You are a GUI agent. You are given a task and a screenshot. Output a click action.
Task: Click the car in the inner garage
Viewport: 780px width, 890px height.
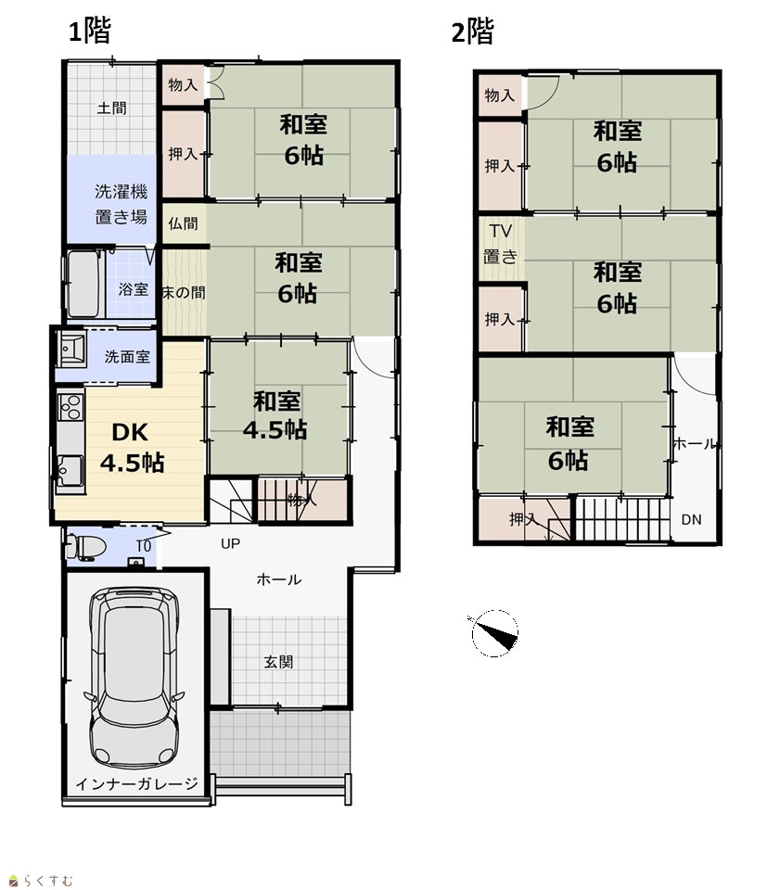tap(134, 677)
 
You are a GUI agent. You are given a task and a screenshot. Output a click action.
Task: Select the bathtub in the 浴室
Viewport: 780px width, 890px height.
tap(85, 284)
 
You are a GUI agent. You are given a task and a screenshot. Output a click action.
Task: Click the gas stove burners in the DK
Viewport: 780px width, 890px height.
tap(71, 407)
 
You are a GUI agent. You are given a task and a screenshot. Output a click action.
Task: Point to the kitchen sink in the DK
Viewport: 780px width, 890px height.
tap(70, 471)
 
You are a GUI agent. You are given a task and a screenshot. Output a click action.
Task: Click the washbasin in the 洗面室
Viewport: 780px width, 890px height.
tap(72, 348)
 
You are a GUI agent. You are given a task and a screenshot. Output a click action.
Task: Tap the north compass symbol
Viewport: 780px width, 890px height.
tap(494, 633)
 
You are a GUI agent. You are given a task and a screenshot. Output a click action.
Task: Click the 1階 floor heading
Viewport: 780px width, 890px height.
tap(90, 31)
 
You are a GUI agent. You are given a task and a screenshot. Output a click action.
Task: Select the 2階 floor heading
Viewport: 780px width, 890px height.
tap(472, 32)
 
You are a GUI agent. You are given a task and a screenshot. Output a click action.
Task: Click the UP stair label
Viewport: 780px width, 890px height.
tap(230, 544)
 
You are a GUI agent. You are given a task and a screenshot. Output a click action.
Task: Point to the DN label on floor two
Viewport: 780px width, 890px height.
tap(691, 519)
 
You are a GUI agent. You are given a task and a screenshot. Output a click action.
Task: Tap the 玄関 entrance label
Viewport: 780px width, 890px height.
tap(278, 662)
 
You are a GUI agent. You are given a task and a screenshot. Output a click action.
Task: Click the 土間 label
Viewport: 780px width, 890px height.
tap(111, 108)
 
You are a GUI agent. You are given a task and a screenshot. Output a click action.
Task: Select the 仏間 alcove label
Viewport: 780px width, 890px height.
tap(183, 223)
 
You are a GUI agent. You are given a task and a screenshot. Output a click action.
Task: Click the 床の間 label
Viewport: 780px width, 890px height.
tap(184, 293)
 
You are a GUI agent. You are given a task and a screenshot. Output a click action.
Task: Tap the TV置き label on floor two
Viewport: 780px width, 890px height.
tap(500, 244)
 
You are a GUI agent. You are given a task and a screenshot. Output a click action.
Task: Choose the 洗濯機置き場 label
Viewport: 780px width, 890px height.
tap(121, 204)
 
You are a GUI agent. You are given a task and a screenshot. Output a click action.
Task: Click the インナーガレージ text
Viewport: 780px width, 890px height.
tap(136, 784)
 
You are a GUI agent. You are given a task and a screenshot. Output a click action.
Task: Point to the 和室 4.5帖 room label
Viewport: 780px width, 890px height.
tap(275, 415)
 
